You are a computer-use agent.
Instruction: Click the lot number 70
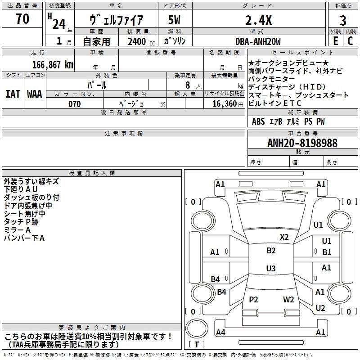coord(22,18)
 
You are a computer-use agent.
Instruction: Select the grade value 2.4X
coord(258,20)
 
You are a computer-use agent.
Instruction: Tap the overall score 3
coord(343,21)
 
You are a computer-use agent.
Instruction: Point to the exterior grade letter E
coord(335,41)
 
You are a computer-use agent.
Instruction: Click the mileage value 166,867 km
coord(53,65)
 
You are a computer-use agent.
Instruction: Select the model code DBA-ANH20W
coord(258,41)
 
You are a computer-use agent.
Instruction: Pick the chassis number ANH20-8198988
coord(302,143)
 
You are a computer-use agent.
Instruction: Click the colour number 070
coord(75,104)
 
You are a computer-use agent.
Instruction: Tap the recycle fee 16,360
coord(224,103)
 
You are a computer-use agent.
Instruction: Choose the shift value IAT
coord(13,94)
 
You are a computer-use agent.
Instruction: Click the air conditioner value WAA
coord(35,94)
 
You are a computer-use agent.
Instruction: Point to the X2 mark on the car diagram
coord(284,237)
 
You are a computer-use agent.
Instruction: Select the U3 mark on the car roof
coord(271,268)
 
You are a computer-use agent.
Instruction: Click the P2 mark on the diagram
coord(253,299)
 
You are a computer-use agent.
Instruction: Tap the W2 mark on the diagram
coord(288,299)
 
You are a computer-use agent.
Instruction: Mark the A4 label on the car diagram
coord(220,332)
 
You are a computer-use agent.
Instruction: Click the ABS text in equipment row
coord(258,121)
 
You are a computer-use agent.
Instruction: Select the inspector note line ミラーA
coord(17,230)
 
